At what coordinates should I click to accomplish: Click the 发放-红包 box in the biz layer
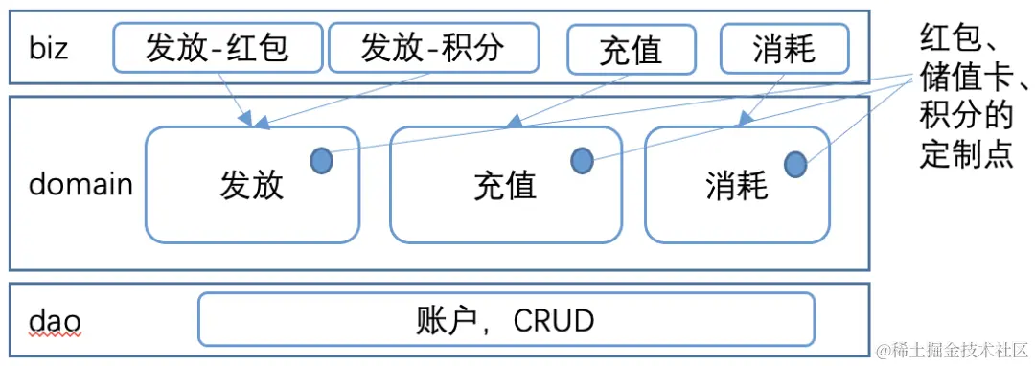217,48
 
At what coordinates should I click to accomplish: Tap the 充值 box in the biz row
630,49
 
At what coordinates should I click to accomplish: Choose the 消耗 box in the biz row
783,48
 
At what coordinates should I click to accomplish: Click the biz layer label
48,48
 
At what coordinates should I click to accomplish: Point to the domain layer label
80,184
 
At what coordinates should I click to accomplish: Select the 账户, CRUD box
505,319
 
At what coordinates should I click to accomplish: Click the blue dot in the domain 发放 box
321,161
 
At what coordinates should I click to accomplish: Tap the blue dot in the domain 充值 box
582,161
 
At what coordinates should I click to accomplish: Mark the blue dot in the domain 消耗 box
795,165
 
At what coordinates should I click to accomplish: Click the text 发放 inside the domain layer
252,185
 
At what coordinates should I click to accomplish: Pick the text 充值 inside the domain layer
505,185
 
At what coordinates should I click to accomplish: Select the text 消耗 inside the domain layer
736,185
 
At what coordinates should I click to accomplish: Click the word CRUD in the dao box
554,320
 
